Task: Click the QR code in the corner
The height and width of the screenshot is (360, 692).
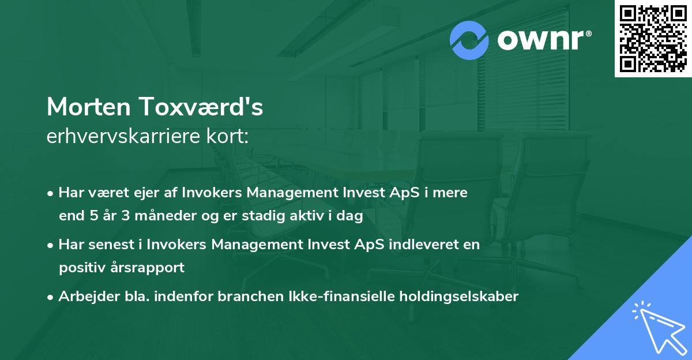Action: click(x=653, y=39)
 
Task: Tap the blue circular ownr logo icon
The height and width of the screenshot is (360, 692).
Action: click(x=469, y=40)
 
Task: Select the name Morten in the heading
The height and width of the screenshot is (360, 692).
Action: click(x=88, y=107)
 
